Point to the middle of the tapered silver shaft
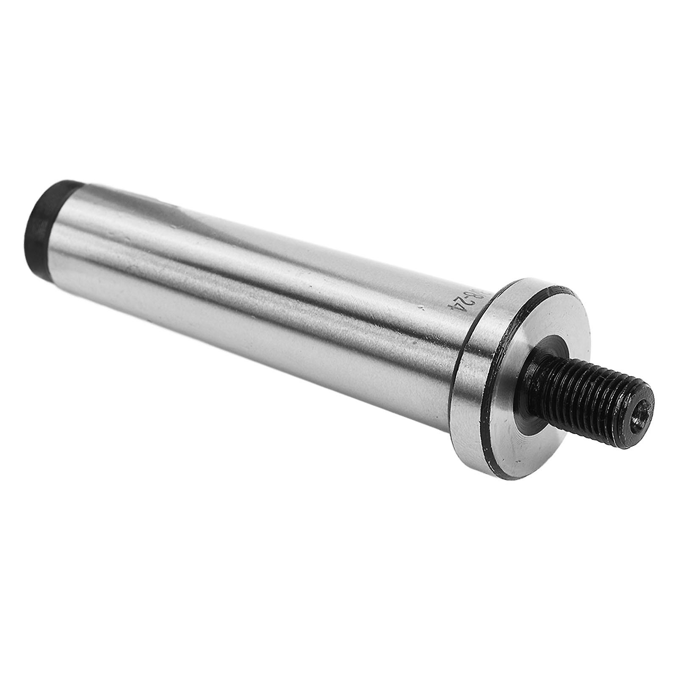click(x=263, y=271)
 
